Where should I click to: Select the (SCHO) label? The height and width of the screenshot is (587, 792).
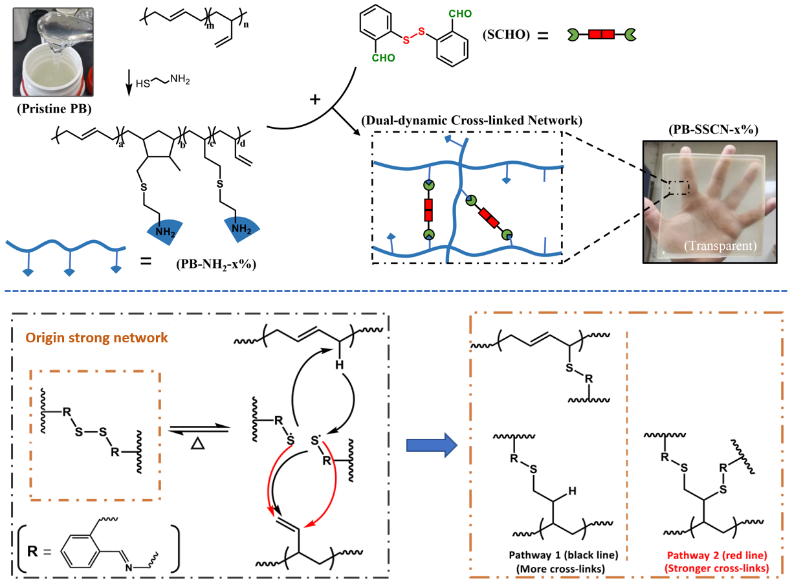pyautogui.click(x=505, y=36)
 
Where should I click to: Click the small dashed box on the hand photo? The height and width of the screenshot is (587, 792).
pyautogui.click(x=679, y=188)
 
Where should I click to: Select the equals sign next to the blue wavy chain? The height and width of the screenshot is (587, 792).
pyautogui.click(x=147, y=262)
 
